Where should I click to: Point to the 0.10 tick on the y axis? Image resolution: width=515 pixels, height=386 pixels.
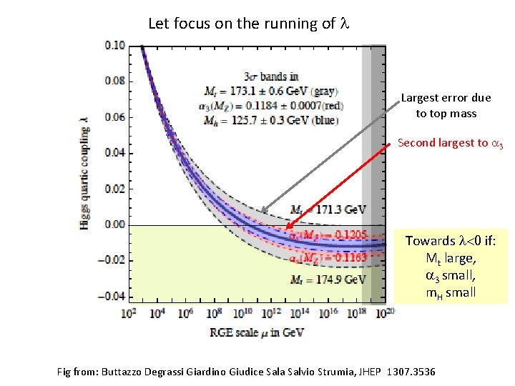pyautogui.click(x=114, y=45)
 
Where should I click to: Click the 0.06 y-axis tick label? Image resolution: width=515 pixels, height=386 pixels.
pyautogui.click(x=114, y=117)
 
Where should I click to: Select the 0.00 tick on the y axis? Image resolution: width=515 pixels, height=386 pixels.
pyautogui.click(x=114, y=224)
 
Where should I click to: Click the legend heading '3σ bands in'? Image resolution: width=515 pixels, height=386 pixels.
pyautogui.click(x=271, y=76)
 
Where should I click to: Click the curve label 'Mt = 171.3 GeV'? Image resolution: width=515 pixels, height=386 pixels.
pyautogui.click(x=328, y=209)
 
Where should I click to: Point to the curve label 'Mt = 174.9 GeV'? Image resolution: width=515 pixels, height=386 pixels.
pyautogui.click(x=328, y=279)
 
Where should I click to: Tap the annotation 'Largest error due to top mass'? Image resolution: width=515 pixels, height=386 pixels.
pyautogui.click(x=446, y=105)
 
